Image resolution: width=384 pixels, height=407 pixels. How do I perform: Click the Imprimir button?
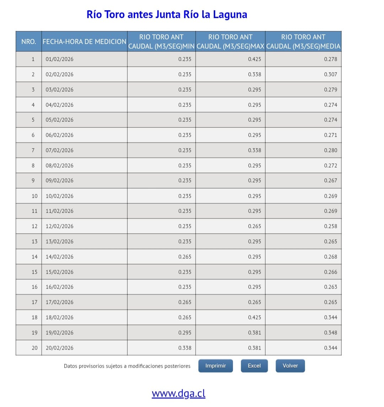point(215,366)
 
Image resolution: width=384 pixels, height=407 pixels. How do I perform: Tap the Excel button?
point(254,366)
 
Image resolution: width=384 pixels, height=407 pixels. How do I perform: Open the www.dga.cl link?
point(178,394)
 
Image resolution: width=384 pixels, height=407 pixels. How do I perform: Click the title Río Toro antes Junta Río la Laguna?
point(167,15)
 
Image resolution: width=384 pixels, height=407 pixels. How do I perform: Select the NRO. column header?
point(29,42)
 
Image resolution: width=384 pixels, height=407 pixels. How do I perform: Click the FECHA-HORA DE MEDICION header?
point(84,42)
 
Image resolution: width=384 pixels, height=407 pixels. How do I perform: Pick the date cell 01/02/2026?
point(60,59)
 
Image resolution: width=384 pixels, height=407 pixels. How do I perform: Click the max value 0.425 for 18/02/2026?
point(255,318)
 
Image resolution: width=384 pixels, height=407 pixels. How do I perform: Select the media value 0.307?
point(330,75)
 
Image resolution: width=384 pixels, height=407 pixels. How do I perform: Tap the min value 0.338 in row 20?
point(185,348)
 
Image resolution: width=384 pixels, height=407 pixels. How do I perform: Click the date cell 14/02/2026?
point(60,257)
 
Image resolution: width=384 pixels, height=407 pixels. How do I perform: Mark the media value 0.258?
point(330,226)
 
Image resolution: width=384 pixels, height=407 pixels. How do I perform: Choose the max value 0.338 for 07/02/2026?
point(255,150)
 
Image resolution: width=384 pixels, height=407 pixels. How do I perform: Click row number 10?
point(34,196)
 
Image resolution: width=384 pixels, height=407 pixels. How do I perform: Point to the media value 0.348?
point(330,333)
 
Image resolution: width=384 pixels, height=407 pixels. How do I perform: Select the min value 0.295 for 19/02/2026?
point(185,333)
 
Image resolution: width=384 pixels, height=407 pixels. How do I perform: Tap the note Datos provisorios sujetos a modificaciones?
point(127,366)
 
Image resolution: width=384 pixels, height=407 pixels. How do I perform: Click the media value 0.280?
point(330,150)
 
